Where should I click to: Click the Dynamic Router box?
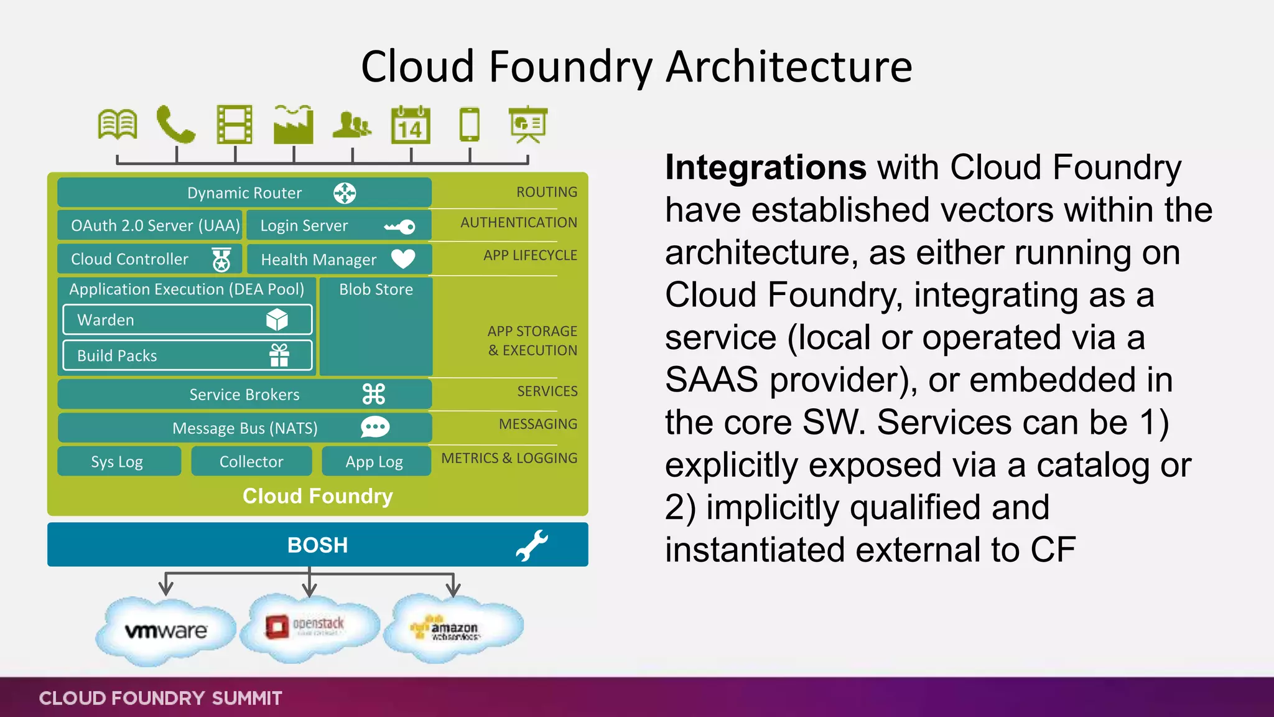244,193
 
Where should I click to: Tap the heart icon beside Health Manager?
403,258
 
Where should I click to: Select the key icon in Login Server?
399,227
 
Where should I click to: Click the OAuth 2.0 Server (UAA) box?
150,225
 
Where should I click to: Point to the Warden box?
187,320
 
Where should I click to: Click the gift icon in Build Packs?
279,355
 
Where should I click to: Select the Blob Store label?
376,289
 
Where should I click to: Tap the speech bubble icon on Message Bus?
375,427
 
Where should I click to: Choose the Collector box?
251,461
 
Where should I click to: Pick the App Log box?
375,461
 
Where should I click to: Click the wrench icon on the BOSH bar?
532,545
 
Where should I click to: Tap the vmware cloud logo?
165,630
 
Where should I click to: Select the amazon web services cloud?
453,629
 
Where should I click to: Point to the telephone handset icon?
175,124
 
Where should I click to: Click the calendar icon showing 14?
411,125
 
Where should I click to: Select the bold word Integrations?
765,167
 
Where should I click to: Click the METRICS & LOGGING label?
509,458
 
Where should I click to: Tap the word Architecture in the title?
789,67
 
